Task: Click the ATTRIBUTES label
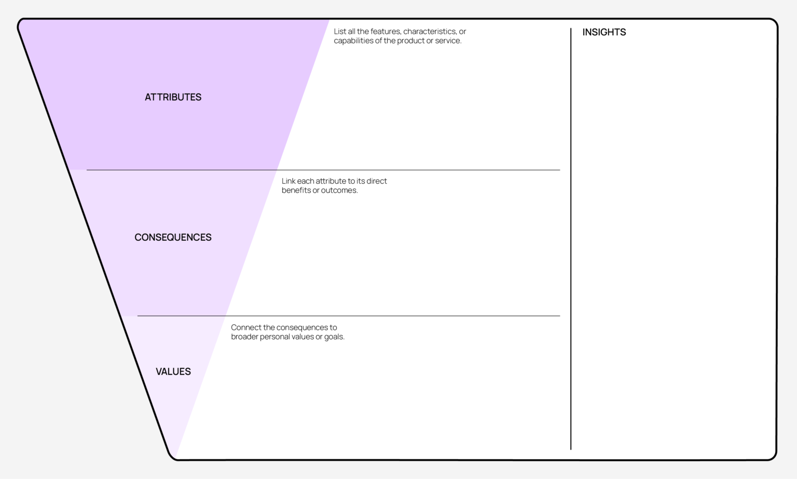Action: [x=173, y=97]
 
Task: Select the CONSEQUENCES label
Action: [x=173, y=237]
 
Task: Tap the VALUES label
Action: [x=173, y=372]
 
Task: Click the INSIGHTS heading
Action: [x=604, y=32]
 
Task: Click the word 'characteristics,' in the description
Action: [x=429, y=31]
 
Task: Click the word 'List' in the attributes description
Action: [x=340, y=31]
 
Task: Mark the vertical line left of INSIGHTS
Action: [x=571, y=239]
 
